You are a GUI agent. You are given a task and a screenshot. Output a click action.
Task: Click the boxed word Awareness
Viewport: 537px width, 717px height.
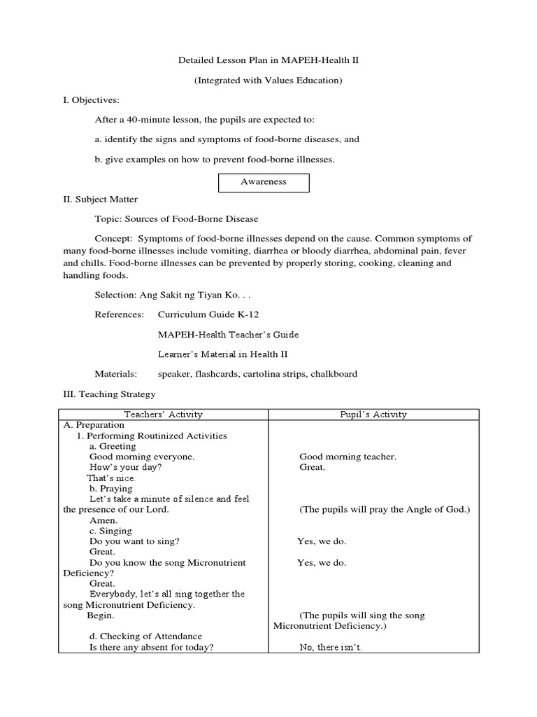pos(264,181)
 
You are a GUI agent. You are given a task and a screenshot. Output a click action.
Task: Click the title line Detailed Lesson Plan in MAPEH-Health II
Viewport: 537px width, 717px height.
pos(268,61)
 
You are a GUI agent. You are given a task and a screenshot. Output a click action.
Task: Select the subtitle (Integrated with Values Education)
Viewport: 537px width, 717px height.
pos(268,81)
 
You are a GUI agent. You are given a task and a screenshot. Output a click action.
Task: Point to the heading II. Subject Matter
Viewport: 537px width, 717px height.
pos(100,200)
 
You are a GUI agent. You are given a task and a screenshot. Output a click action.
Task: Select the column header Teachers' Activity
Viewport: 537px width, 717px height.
pos(163,415)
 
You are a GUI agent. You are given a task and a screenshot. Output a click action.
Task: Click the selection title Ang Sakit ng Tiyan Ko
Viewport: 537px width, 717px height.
pos(180,295)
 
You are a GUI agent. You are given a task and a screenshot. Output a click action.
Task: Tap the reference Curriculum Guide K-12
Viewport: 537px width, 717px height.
pos(203,315)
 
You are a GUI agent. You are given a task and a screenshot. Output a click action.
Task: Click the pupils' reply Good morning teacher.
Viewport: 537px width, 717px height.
pos(348,457)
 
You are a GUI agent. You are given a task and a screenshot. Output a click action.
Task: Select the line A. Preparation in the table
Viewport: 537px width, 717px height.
pos(94,425)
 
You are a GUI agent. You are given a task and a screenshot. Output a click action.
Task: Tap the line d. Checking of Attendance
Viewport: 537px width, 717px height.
pos(145,636)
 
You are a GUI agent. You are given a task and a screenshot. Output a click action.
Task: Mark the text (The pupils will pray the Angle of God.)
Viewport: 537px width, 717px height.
pos(385,510)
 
